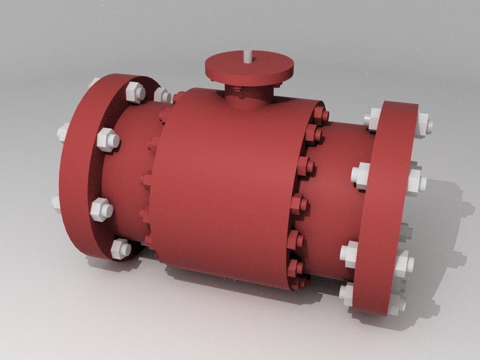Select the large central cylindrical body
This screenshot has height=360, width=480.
coord(225,187)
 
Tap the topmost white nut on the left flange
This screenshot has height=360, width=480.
coord(136,92)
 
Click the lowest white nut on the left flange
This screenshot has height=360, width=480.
coord(120,248)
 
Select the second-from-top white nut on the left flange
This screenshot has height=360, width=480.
coord(108,140)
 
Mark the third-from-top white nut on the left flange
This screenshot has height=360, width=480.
coord(101,210)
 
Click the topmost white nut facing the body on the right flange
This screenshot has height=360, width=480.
coord(373,120)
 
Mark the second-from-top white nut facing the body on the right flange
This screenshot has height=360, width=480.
coord(361,176)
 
